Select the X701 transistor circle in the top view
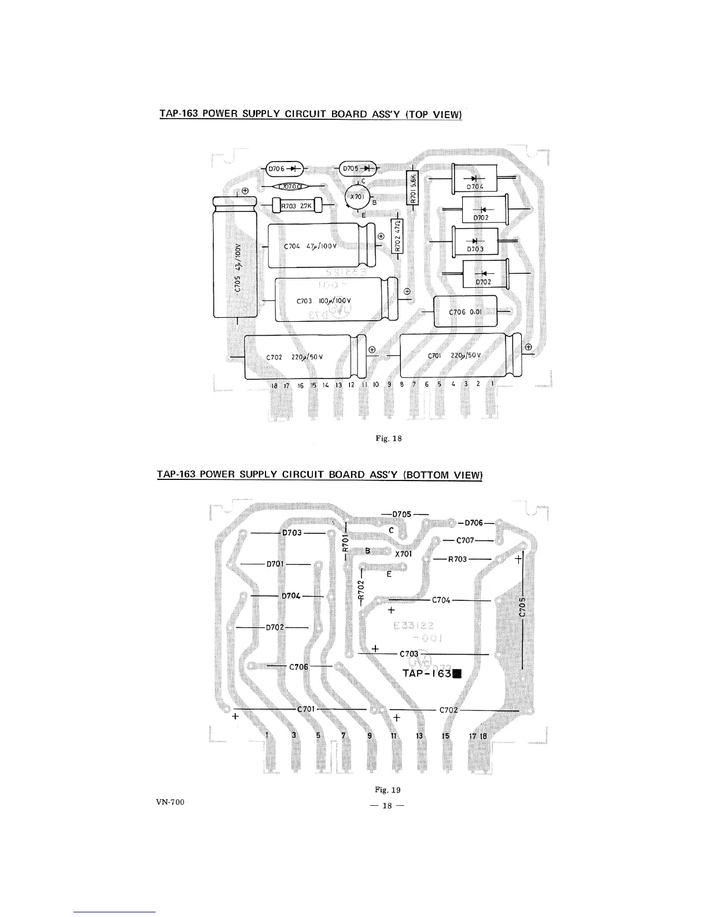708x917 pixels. point(357,197)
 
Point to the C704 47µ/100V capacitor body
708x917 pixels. point(321,245)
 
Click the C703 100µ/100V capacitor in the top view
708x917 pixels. point(335,299)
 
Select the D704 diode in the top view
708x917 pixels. point(478,178)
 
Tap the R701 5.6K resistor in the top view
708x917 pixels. point(412,189)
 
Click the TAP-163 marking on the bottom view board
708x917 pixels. point(433,673)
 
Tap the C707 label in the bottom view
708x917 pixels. point(466,541)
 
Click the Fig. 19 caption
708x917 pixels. point(388,789)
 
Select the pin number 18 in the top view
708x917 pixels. point(275,386)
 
